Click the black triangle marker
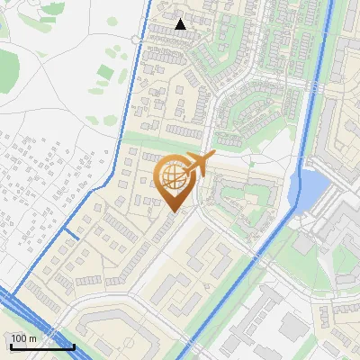[x=181, y=24]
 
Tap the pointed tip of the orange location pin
[x=173, y=211]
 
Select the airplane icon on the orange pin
[x=198, y=165]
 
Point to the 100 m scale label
[x=23, y=338]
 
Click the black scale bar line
[x=41, y=346]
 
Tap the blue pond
[x=311, y=188]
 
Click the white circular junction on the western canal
[x=135, y=40]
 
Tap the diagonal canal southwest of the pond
[x=261, y=252]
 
